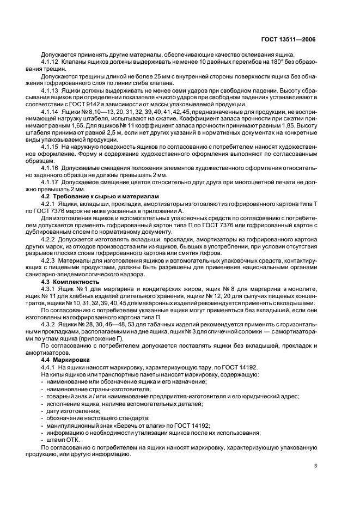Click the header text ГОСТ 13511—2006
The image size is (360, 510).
pos(289,39)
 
